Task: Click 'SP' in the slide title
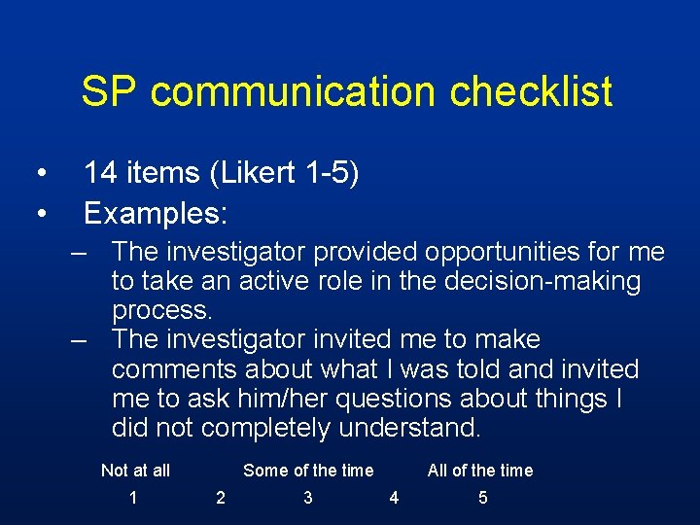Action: point(110,92)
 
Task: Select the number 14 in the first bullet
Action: point(102,174)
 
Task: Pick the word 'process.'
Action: point(161,311)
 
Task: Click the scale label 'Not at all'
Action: point(135,471)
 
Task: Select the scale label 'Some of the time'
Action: point(308,471)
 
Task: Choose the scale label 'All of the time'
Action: point(480,471)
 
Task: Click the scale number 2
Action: point(221,499)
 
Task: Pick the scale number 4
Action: point(394,499)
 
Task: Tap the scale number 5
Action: point(483,499)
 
